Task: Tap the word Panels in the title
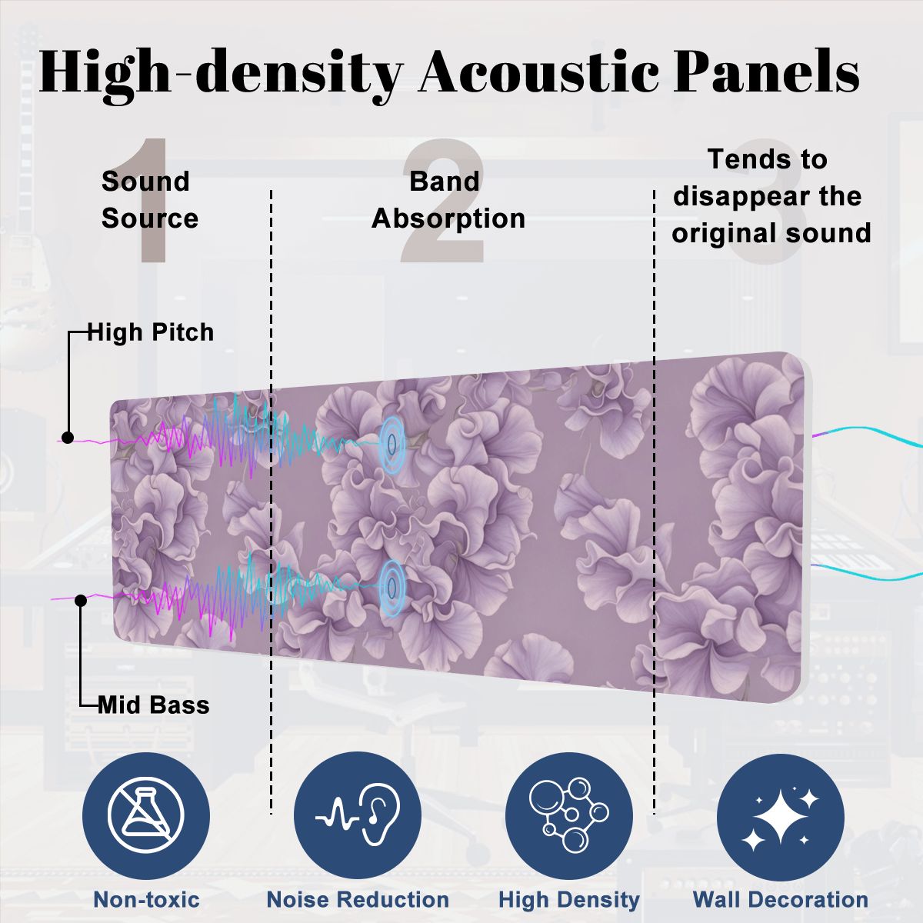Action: click(x=766, y=72)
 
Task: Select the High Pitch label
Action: click(x=151, y=332)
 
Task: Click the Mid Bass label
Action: click(x=154, y=705)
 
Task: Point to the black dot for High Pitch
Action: click(x=68, y=438)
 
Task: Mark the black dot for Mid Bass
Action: click(x=81, y=600)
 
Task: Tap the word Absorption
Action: click(x=448, y=219)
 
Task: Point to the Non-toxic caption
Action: click(x=147, y=899)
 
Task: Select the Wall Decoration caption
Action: click(x=781, y=899)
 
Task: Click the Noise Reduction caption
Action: click(x=358, y=899)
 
